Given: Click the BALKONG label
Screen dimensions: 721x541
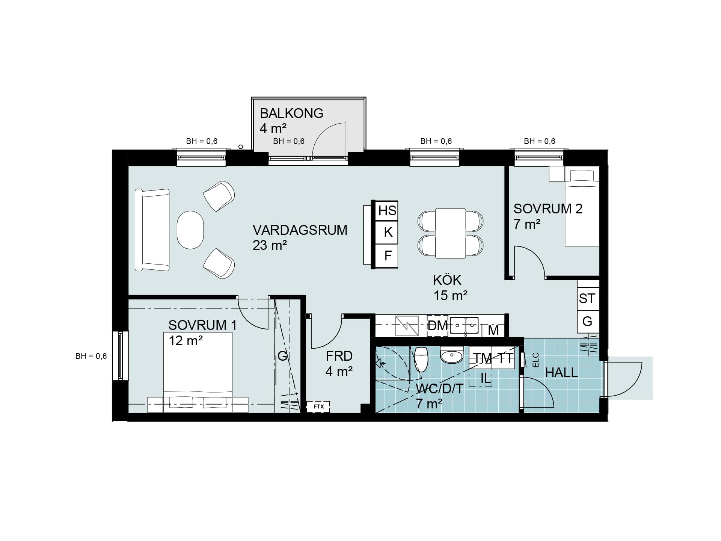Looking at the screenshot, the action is (291, 113).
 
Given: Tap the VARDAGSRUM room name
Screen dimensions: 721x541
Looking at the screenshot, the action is (300, 230).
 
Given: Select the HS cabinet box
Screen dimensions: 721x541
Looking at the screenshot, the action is (387, 210).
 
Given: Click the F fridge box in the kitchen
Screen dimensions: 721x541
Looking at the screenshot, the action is (387, 256).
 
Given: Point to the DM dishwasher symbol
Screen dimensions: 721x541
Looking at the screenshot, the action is (437, 325).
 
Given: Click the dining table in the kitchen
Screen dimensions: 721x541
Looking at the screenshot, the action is (451, 233).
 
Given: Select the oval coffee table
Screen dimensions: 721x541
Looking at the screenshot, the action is (190, 230).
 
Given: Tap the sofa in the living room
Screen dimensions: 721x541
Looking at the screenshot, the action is (152, 230).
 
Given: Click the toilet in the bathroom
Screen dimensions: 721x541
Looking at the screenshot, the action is (421, 359).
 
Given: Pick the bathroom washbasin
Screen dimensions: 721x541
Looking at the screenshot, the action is (452, 355).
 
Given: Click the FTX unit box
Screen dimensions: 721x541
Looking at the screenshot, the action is (318, 407).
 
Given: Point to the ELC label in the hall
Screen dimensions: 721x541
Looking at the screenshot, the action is (536, 360).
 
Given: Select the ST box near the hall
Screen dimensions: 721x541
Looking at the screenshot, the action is (588, 299).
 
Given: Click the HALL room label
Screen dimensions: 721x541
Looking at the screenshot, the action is (561, 373).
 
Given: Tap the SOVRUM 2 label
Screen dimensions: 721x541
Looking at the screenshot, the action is (548, 209).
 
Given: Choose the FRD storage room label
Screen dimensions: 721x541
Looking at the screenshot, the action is (339, 356).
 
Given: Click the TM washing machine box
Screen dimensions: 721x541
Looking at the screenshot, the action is (481, 358).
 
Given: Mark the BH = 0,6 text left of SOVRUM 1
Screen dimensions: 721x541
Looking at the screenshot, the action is (91, 356).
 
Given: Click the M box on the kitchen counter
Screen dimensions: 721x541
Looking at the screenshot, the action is (493, 330).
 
